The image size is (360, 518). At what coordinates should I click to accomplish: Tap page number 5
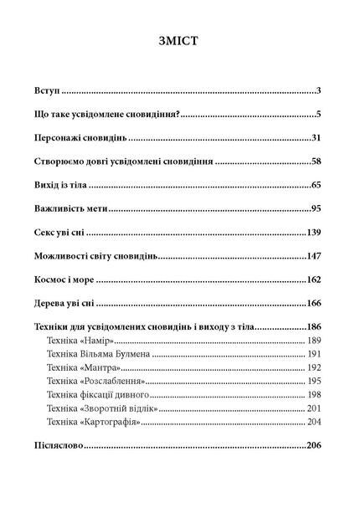point(319,113)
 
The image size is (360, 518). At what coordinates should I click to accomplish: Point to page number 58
point(316,160)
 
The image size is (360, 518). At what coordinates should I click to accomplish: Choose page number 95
point(316,207)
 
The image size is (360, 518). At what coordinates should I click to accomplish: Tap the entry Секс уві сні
point(61,230)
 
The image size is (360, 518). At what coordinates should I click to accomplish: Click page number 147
point(314,254)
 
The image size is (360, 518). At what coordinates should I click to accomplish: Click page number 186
point(314,326)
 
